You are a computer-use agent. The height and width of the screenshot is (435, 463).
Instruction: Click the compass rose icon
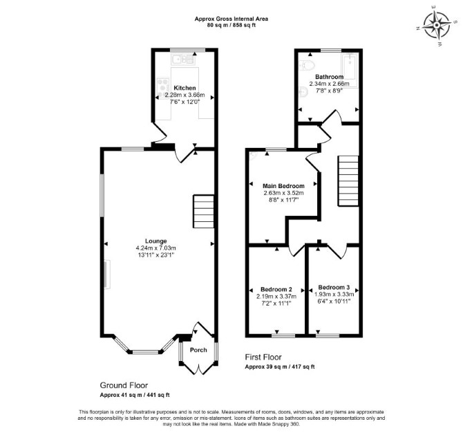coord(437,26)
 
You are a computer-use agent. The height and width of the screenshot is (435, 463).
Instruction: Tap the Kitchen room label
coord(185,88)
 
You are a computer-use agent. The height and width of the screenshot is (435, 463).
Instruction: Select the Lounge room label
coord(156,241)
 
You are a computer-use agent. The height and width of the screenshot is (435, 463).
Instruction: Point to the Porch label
coord(198,350)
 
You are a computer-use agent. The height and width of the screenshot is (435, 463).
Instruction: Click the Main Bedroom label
coord(283,186)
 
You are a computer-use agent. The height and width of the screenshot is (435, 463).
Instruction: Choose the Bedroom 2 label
coord(276,289)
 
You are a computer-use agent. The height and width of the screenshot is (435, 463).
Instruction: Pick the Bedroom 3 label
coord(334,287)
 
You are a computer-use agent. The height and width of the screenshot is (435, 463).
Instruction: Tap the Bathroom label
coord(329,77)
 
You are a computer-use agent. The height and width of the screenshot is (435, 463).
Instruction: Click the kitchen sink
coord(183,59)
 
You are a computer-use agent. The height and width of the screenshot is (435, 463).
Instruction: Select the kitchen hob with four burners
coord(162,85)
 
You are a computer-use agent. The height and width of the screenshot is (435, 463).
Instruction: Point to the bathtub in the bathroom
coord(350,71)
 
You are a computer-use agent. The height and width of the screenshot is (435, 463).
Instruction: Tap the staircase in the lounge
coord(203,212)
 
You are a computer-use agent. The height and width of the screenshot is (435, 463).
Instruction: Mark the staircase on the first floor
coord(348,181)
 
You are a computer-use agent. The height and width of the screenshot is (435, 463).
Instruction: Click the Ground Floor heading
coord(124,385)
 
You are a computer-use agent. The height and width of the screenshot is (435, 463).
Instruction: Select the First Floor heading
coord(263,358)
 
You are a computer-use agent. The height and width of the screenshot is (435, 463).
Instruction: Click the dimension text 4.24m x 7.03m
coord(156,248)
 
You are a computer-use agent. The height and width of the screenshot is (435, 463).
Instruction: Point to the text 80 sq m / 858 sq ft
coord(231,26)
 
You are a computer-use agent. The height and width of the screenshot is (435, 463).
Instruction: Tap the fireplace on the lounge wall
coord(107,275)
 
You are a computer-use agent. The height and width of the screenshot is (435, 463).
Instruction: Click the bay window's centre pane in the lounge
coord(145,352)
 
